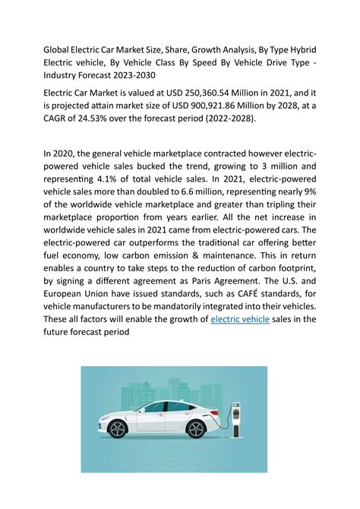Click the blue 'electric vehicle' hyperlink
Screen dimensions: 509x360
240,320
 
